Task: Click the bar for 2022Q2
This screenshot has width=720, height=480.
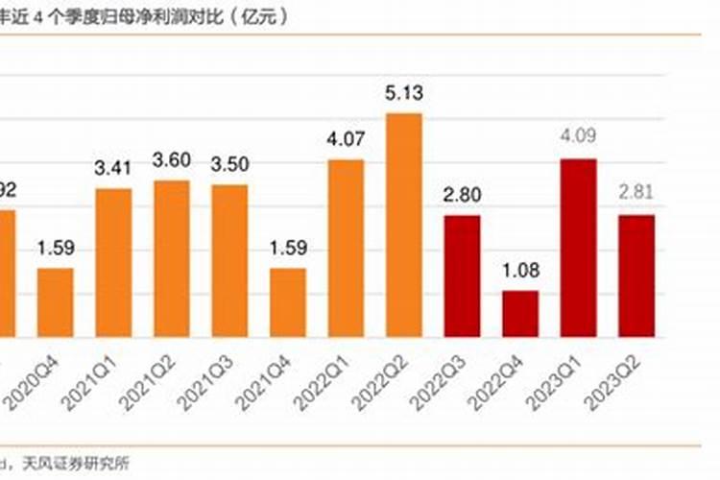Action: (404, 225)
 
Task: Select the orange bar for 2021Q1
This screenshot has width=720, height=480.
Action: (114, 262)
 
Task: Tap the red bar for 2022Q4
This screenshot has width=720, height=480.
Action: (520, 313)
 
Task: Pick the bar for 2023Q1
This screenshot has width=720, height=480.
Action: (578, 248)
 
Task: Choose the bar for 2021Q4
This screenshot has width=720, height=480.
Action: (288, 302)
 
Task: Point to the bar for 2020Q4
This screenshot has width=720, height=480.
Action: (56, 302)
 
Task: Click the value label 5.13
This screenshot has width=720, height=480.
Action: (404, 93)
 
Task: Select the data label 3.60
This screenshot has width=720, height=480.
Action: (173, 160)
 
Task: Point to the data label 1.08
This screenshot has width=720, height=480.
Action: (520, 272)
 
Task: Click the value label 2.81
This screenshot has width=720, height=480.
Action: (636, 193)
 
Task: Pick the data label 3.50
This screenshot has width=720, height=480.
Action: (230, 164)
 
